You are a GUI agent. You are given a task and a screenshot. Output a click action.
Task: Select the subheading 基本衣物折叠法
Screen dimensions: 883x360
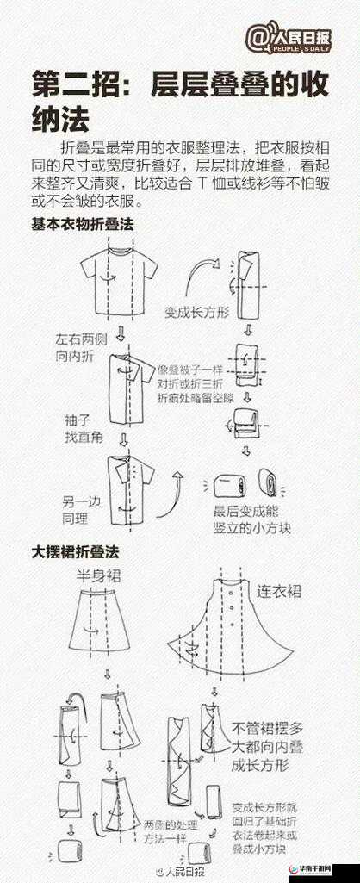click(83, 224)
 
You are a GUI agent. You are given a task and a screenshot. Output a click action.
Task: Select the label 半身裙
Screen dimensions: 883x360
click(96, 575)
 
